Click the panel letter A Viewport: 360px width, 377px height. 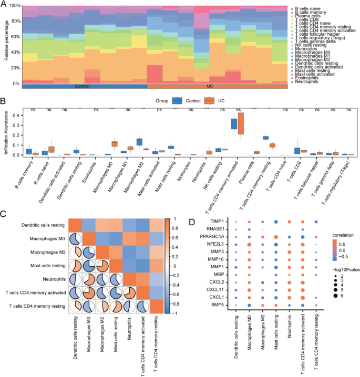pyautogui.click(x=4, y=4)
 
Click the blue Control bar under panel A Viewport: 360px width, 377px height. pyautogui.click(x=84, y=86)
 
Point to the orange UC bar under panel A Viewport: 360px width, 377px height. pyautogui.click(x=217, y=86)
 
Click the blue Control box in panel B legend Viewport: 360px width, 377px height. pyautogui.click(x=177, y=101)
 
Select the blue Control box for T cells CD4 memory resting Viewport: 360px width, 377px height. pyautogui.click(x=265, y=138)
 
